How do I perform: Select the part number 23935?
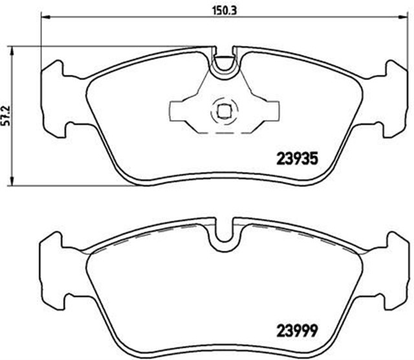(x=297, y=157)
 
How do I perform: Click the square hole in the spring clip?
(x=223, y=112)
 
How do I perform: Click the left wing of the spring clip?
(x=182, y=111)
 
